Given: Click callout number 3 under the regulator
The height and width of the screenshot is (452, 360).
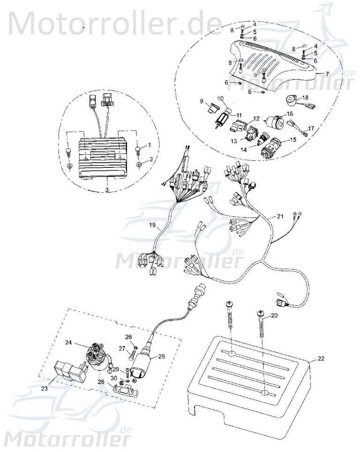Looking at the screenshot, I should (x=107, y=190).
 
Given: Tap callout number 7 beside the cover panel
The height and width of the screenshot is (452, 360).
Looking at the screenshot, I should (x=327, y=74).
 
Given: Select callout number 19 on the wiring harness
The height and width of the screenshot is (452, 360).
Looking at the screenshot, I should (x=152, y=226).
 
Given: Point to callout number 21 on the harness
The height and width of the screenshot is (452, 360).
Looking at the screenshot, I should (x=280, y=217).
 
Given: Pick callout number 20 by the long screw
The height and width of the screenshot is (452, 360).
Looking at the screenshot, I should (x=274, y=316).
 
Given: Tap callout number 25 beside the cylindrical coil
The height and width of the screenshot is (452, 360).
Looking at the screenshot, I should (x=161, y=356).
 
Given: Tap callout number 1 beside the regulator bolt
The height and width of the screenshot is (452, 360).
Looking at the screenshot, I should (x=150, y=145).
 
